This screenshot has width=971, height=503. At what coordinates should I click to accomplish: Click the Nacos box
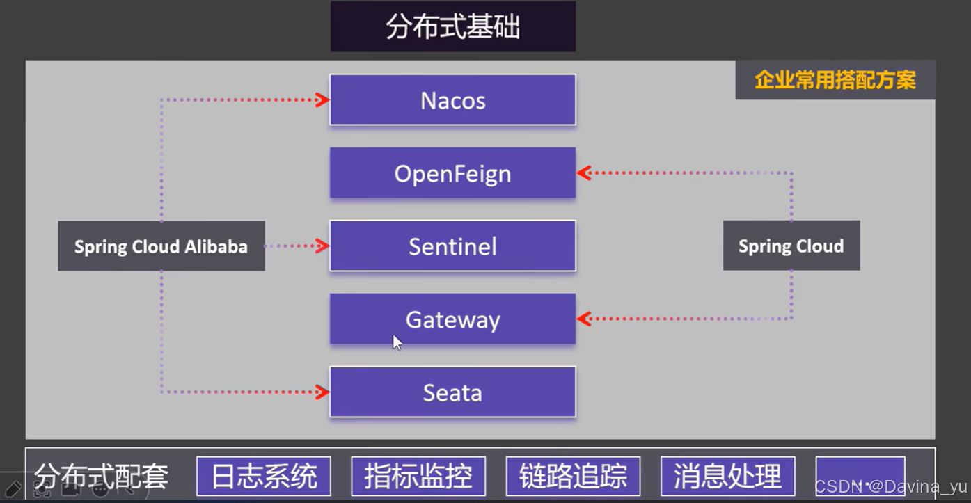click(x=452, y=100)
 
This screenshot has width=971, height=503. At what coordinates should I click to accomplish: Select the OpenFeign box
click(x=452, y=173)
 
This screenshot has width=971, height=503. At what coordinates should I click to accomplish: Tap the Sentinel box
click(x=452, y=246)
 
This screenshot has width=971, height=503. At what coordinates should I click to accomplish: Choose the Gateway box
click(x=452, y=319)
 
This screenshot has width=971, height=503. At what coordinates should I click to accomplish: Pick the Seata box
click(x=452, y=392)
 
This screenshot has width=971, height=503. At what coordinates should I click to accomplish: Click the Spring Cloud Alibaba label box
click(x=161, y=246)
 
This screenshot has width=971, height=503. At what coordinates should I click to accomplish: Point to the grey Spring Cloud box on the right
click(x=791, y=246)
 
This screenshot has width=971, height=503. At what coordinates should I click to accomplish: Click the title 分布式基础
click(x=452, y=27)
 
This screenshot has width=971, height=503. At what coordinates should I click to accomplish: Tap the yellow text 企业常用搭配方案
click(x=835, y=80)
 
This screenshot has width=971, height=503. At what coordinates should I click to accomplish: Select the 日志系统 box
click(x=264, y=477)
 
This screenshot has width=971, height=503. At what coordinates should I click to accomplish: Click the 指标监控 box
click(x=418, y=477)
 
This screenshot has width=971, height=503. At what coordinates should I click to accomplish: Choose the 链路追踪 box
click(x=573, y=477)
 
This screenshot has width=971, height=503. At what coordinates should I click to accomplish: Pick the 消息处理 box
click(x=727, y=477)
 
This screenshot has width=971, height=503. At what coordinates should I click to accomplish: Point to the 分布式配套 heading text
click(x=101, y=477)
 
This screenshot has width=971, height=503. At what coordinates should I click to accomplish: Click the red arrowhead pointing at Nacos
click(x=322, y=100)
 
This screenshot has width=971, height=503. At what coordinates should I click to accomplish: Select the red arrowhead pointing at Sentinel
click(x=322, y=246)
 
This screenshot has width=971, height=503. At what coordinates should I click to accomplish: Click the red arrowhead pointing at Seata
click(x=322, y=392)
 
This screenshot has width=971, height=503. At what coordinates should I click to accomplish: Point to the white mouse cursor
click(x=397, y=342)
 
